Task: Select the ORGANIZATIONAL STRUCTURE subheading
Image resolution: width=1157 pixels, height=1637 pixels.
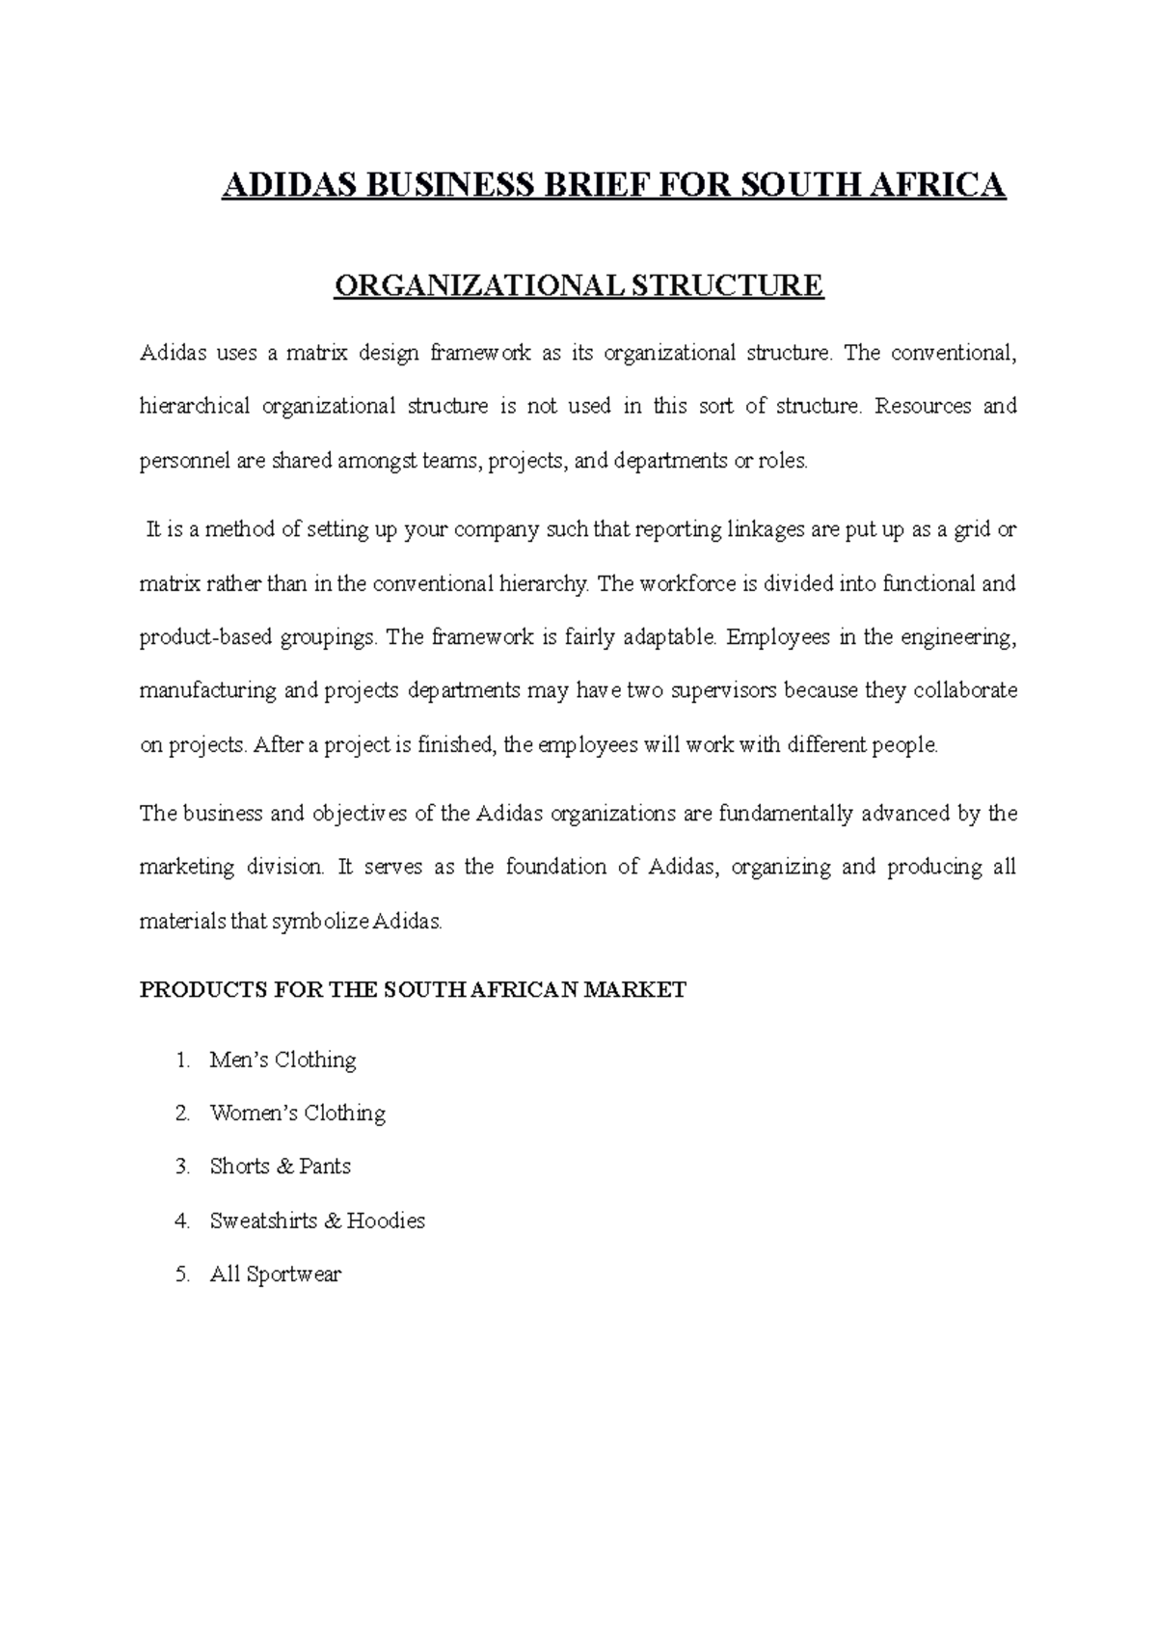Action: click(x=578, y=286)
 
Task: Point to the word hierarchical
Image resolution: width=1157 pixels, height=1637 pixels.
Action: click(x=194, y=407)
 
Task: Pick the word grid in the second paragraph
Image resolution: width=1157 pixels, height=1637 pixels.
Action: click(x=973, y=530)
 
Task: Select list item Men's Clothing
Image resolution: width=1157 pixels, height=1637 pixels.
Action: click(x=283, y=1060)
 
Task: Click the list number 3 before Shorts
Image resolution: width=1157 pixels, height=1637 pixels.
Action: click(x=182, y=1167)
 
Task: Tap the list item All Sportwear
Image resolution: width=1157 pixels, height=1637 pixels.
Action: click(x=275, y=1275)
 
